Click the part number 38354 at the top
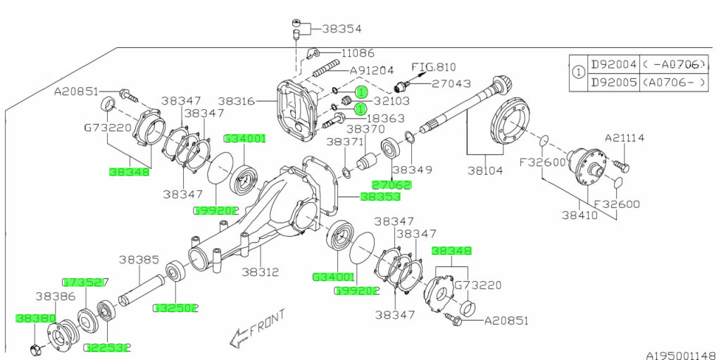point(341,30)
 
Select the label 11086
point(358,53)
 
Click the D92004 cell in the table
point(614,65)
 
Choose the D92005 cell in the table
point(614,82)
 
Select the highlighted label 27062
point(391,185)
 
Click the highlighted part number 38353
point(381,197)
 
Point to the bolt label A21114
point(625,138)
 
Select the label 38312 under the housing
point(261,271)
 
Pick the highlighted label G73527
point(85,283)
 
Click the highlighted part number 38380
point(35,318)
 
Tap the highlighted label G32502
point(175,308)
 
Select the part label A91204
point(371,70)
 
